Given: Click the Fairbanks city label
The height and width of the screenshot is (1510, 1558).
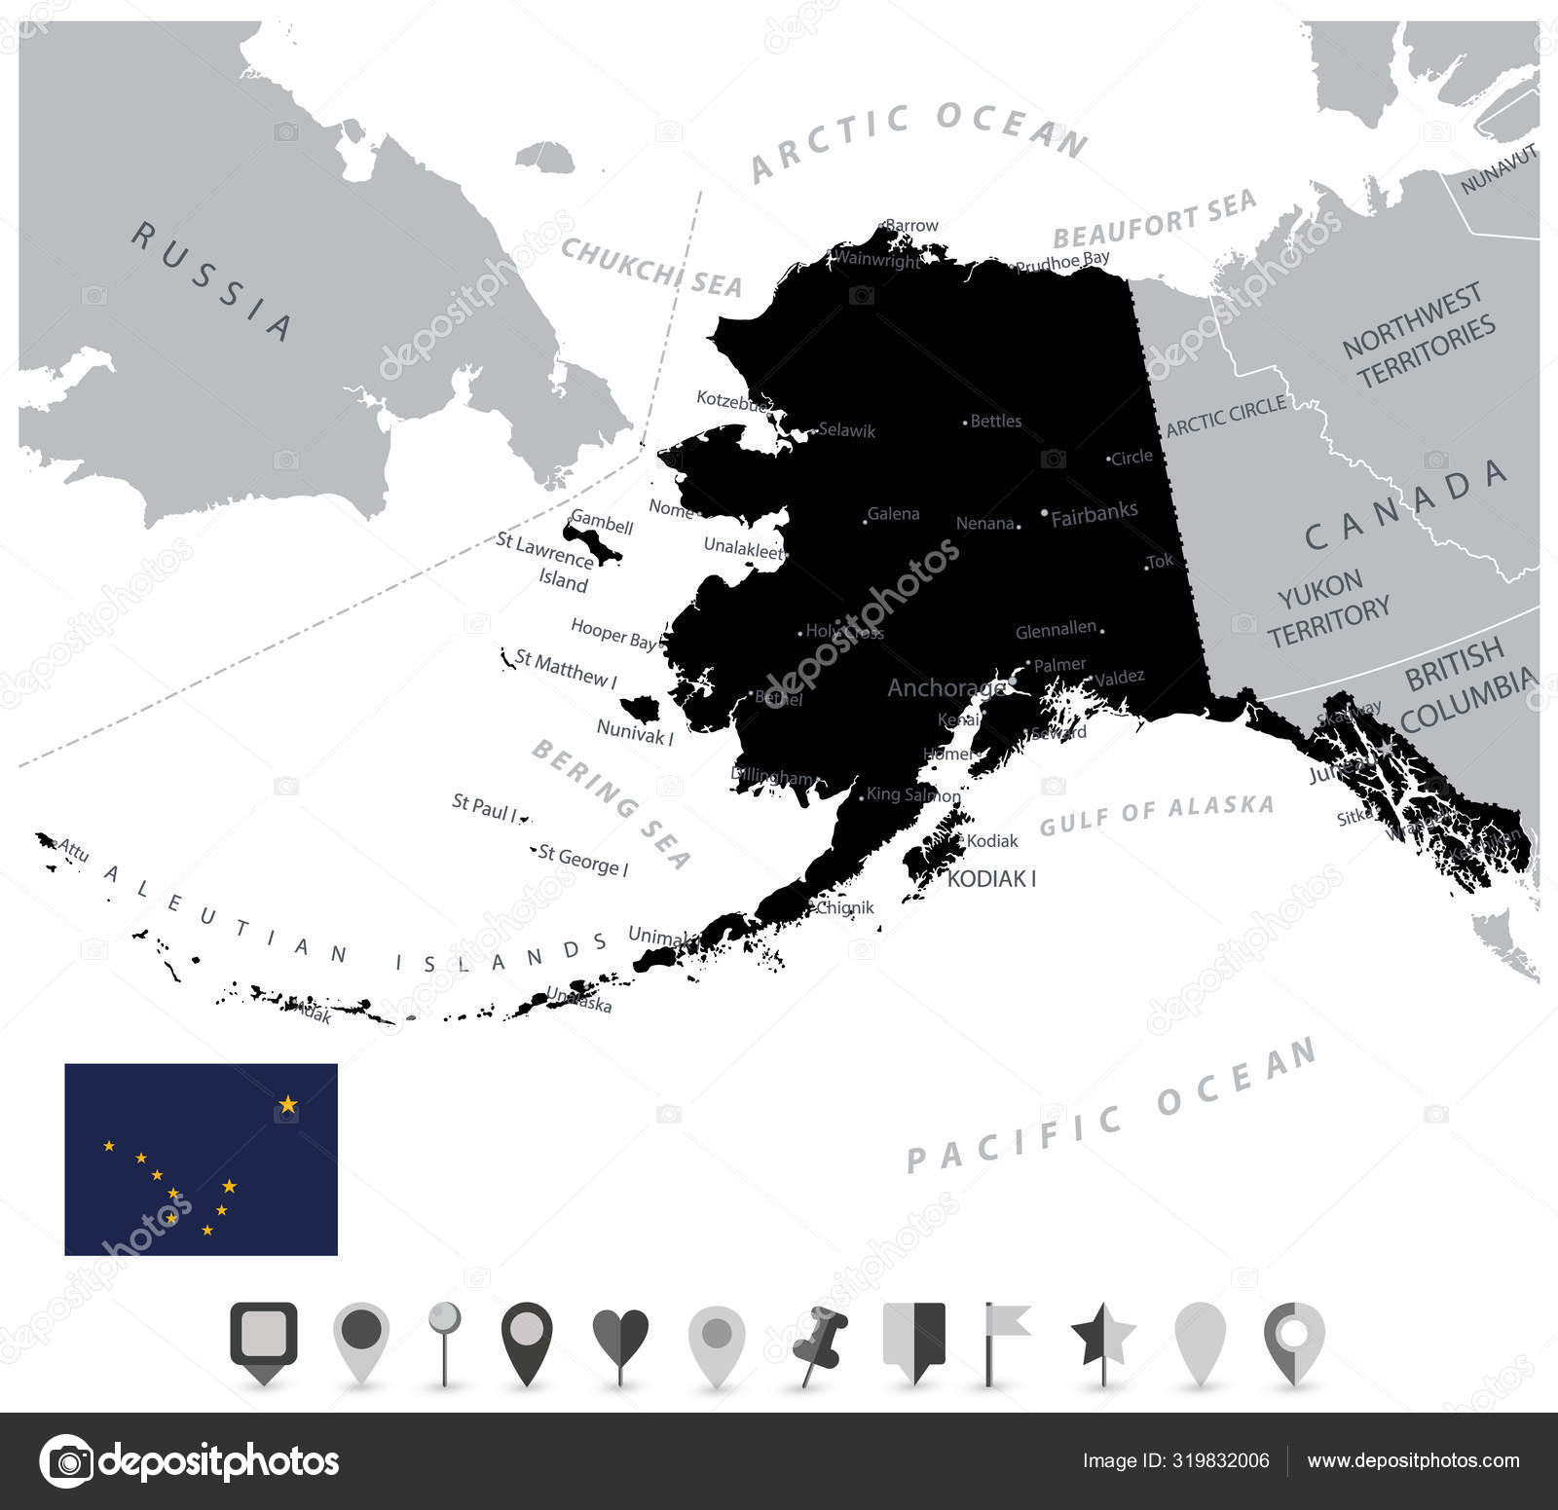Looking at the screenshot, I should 1094,514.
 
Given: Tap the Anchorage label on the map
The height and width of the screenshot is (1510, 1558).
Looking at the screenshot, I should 946,688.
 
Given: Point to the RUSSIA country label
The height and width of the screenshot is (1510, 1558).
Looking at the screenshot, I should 212,280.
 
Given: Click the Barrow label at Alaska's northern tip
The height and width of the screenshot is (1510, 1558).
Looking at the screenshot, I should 911,226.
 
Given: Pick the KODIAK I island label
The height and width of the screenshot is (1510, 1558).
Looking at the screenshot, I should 991,879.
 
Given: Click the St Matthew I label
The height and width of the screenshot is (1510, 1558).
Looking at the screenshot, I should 566,669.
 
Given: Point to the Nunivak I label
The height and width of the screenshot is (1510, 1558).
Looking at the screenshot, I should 635,732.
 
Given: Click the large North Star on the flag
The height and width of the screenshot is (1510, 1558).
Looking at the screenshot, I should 288,1105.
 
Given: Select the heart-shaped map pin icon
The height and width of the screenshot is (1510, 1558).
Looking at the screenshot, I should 620,1339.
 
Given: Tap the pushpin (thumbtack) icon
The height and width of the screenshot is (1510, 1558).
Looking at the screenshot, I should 819,1343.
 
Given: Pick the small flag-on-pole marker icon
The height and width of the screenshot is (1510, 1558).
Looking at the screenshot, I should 1003,1339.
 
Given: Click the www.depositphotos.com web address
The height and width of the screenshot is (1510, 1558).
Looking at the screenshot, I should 1413,1460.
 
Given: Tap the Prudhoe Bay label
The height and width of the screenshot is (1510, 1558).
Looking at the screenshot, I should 1061,261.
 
